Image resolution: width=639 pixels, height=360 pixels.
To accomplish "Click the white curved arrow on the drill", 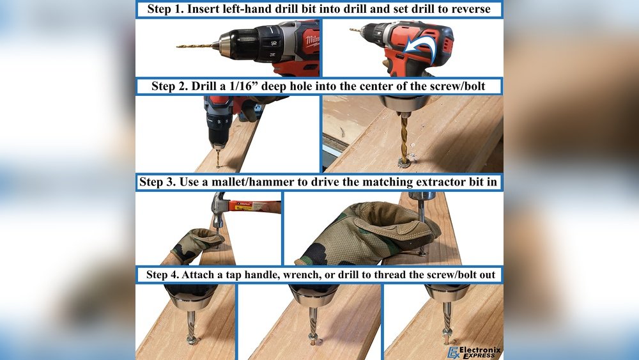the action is (x=424, y=45).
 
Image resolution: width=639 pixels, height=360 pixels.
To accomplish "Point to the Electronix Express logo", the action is (x=474, y=352).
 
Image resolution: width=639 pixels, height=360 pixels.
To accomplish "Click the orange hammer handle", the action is (x=253, y=207).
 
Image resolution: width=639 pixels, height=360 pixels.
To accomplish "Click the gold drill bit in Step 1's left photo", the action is (x=195, y=45).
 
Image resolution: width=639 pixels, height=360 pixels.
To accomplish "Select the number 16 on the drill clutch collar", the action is (x=273, y=42).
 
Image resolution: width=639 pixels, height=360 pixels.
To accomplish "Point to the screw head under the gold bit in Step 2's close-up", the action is (x=404, y=162).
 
